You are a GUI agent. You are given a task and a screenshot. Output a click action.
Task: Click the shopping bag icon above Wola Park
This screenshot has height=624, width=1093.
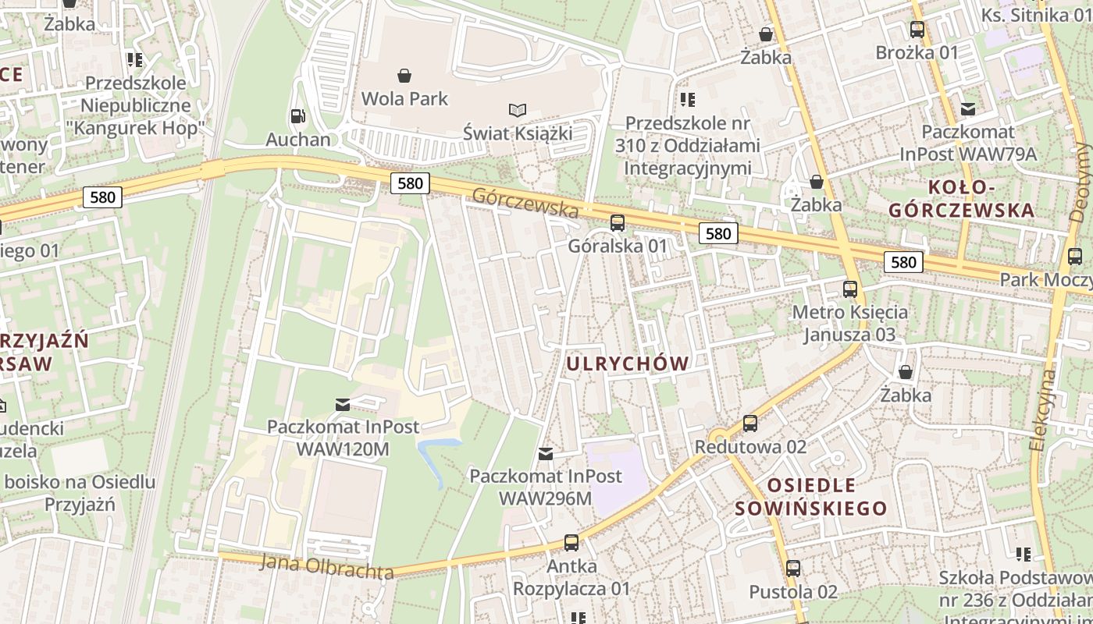coord(404,76)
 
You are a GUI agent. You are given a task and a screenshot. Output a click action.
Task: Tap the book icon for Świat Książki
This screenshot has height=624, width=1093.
coord(517,111)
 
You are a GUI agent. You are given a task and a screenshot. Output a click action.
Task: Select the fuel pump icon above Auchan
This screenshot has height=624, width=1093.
coord(297,116)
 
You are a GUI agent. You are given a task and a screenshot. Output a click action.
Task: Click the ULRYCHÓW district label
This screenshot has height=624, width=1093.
coord(628,363)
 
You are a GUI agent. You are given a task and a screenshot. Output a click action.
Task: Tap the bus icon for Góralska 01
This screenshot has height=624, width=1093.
coord(618,223)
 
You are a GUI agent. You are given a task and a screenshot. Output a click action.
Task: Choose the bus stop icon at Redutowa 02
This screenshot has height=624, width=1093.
coord(750,424)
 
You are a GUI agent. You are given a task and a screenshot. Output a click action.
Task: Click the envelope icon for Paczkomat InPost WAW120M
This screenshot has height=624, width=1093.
coord(343,404)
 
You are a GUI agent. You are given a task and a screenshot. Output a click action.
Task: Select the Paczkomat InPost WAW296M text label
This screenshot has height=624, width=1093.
coord(545,487)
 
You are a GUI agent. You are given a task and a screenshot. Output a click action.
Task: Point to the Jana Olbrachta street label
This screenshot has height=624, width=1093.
coord(327,566)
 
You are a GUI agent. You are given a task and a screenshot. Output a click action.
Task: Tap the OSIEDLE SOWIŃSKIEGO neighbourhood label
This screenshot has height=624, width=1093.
coord(811,497)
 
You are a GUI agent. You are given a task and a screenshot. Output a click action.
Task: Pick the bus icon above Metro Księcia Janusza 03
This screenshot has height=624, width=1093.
coord(850,289)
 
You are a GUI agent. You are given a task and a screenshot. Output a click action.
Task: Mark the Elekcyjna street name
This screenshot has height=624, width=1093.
coord(1042,409)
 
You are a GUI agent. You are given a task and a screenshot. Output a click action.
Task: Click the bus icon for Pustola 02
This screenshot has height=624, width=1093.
coord(793,569)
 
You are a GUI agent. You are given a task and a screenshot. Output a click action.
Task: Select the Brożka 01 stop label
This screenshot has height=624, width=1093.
coord(917,53)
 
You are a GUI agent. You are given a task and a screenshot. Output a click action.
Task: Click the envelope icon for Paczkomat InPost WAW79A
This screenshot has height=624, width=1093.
coord(968,108)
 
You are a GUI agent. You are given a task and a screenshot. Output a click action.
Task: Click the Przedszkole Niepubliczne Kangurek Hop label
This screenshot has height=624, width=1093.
coord(135,105)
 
